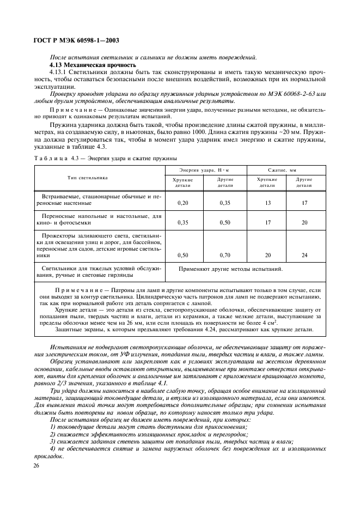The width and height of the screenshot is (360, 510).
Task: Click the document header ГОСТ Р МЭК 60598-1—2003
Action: pyautogui.click(x=76, y=40)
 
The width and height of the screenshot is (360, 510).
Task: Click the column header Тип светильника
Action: pyautogui.click(x=87, y=178)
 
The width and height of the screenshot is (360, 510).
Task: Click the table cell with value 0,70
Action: pyautogui.click(x=225, y=255)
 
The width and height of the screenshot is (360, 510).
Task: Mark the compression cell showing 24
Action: pyautogui.click(x=304, y=255)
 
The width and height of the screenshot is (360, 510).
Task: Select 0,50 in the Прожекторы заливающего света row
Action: pyautogui.click(x=183, y=255)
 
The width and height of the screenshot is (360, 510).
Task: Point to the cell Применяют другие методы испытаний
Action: pyautogui.click(x=230, y=269)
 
